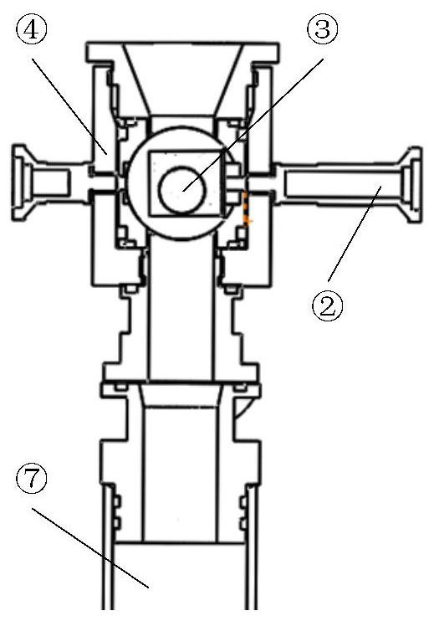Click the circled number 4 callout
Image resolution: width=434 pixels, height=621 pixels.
[31, 29]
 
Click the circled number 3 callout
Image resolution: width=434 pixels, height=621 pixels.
[323, 29]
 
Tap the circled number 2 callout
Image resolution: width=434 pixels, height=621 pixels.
[327, 305]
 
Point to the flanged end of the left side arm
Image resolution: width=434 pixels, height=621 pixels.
[20, 182]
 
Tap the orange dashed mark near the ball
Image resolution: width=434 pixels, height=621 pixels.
[247, 208]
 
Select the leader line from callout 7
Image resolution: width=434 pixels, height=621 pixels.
[90, 547]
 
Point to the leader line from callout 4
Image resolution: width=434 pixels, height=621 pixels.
[69, 106]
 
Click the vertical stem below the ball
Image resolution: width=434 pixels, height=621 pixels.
[182, 309]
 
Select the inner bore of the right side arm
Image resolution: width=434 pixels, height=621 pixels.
[344, 184]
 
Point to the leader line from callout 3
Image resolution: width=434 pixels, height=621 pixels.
[253, 125]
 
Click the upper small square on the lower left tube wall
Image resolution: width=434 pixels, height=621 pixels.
[116, 501]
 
